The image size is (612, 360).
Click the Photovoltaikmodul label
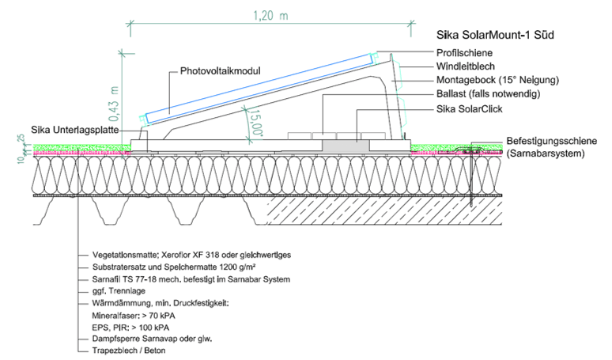215,70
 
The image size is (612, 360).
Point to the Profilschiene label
464,52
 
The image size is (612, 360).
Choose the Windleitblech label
467,66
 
